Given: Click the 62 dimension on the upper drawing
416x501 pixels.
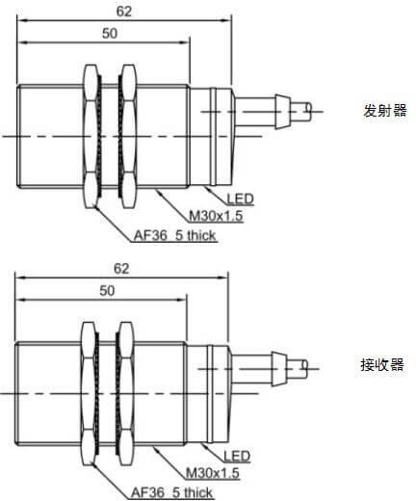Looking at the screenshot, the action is pos(124,12).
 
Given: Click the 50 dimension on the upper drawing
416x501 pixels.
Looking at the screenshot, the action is pos(110,34).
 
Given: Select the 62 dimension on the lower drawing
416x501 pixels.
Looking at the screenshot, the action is pos(121,269).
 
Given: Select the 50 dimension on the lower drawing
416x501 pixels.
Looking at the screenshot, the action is pos(107,291).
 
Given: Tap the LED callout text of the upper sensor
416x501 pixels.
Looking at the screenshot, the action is pos(240,199).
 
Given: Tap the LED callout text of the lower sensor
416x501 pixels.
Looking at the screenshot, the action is pos(237,456).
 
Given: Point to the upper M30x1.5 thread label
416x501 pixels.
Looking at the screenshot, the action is pos(216,216).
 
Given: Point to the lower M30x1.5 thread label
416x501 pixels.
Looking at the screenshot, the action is pos(213,473).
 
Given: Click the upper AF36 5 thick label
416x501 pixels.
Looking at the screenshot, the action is pos(174,235).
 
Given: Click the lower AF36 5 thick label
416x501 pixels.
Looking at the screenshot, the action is pos(171,492).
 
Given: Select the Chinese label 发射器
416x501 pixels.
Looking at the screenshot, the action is pos(385,110).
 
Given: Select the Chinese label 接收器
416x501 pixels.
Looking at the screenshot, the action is pos(382,365).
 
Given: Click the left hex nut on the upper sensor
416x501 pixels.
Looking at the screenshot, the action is pos(91,137).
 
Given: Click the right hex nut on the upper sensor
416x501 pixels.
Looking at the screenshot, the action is pos(128,137).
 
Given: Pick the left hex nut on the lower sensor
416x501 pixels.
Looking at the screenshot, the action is pos(89,394).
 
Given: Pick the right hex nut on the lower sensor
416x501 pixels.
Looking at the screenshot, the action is pos(125,394).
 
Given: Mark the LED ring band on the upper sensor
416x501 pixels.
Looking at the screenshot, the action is pos(213,137).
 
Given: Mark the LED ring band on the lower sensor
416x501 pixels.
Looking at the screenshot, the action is pos(210,394).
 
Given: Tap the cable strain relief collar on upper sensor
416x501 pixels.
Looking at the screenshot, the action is pos(280,112).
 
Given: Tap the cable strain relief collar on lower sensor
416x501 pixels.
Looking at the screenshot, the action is pos(277,369).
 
